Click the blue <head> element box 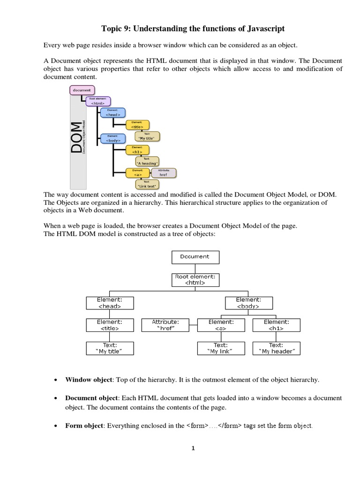(113, 112)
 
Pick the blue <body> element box (113, 138)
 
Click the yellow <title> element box (137, 125)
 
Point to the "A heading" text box (147, 161)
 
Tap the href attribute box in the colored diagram (164, 173)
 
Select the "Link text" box (147, 184)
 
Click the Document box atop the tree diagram (195, 257)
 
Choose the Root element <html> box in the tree (195, 280)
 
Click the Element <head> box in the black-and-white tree (110, 302)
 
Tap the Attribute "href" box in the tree (165, 325)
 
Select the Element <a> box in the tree (220, 325)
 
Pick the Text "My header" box (276, 348)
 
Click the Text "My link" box (220, 348)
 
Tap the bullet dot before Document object (55, 398)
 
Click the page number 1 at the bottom (193, 448)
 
